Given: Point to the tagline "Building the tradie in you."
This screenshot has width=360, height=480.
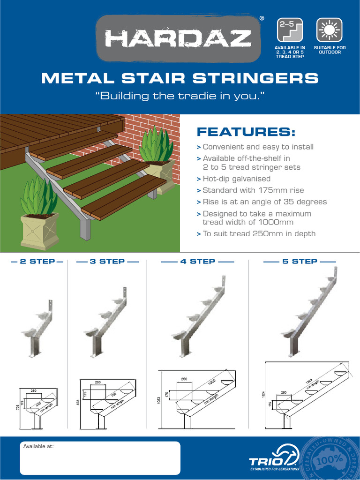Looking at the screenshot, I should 180,97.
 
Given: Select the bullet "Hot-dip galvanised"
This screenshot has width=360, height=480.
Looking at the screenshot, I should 236,179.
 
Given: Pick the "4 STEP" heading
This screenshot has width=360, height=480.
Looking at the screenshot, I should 197,262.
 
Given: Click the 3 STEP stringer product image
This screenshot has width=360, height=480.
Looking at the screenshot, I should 106,319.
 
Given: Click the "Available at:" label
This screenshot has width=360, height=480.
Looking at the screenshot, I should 38,447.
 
